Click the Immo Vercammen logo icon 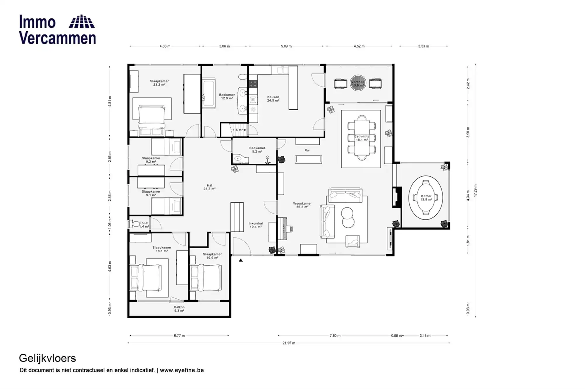(x=82, y=21)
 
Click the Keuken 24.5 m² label (x=273, y=99)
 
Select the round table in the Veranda (x=358, y=84)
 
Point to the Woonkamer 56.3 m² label (x=302, y=205)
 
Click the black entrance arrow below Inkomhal (x=241, y=260)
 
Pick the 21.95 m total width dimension (x=289, y=343)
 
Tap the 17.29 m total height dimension (x=475, y=191)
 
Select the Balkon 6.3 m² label (x=179, y=309)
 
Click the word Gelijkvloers (x=47, y=358)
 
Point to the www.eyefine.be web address (x=182, y=370)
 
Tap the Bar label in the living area (x=307, y=150)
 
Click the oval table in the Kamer (x=426, y=198)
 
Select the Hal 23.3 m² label (x=209, y=187)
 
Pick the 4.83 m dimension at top (x=165, y=46)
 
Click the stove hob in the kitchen (x=253, y=84)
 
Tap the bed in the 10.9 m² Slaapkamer (x=205, y=278)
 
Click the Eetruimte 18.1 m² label (x=362, y=138)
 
